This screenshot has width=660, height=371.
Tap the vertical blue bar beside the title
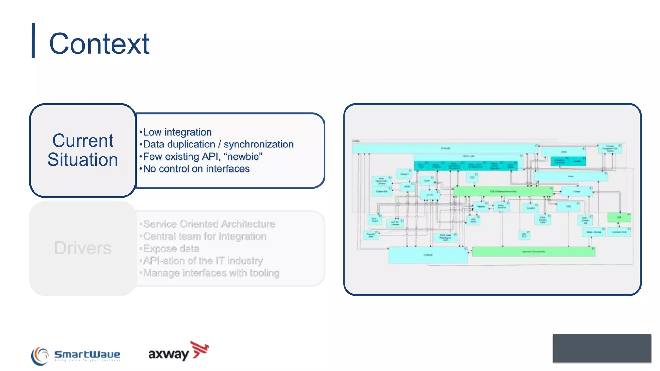pos(33,40)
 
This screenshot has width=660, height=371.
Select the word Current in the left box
pos(83,141)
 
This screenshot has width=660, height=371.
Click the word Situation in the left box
pos(83,160)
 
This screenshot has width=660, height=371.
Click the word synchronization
pos(258,144)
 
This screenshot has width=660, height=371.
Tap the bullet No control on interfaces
pos(196,169)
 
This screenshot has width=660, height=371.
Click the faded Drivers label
pos(83,248)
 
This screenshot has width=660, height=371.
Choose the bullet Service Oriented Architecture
pos(209,224)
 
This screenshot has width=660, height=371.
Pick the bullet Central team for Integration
pos(204,236)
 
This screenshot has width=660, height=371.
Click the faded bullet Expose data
pos(171,249)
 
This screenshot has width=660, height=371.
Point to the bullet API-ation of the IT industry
pos(203,261)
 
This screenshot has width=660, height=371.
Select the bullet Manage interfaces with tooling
pos(211,273)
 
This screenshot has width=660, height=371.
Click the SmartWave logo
pos(76,355)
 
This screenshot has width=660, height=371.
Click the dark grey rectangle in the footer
pos(602,348)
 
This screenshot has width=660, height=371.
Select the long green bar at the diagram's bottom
pos(533,252)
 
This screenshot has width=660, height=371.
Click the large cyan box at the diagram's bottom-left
pos(428,255)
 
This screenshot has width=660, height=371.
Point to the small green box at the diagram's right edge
pos(619,217)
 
